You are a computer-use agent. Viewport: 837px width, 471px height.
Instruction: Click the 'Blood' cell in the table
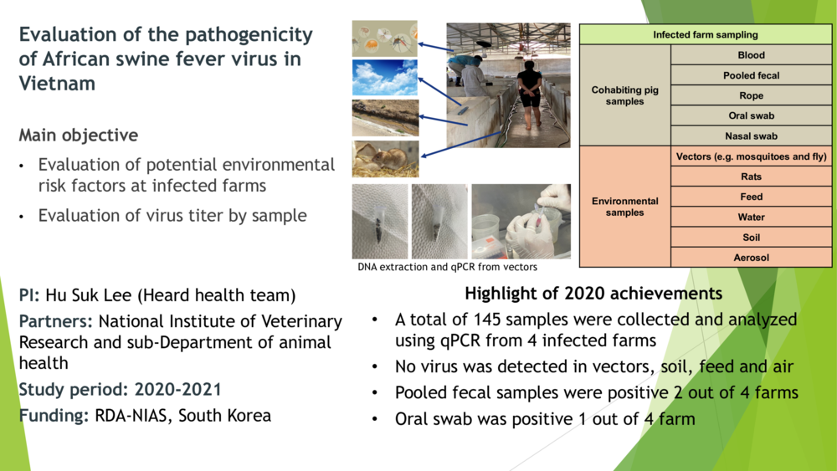751,55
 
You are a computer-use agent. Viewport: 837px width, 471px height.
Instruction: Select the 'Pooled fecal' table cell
751,75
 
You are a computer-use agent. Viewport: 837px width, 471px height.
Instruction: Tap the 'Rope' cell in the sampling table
751,95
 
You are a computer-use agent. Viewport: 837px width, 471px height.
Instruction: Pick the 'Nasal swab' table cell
751,136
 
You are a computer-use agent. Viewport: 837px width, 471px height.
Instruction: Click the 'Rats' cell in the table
751,177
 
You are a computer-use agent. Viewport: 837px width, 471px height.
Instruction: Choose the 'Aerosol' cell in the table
751,258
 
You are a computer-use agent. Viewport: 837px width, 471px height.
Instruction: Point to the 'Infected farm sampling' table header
706,34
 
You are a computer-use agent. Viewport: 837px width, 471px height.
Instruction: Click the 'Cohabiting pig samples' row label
625,95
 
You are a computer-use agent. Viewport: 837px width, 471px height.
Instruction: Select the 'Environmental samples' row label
625,207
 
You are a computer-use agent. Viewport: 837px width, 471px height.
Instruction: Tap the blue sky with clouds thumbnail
385,78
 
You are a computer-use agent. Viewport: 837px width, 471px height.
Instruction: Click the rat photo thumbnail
385,158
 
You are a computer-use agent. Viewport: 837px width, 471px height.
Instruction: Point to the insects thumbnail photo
385,38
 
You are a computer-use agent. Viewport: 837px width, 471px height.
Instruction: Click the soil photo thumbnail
385,118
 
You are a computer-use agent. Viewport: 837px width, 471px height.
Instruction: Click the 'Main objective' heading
79,136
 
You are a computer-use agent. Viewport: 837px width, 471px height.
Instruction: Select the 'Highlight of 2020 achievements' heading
593,294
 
